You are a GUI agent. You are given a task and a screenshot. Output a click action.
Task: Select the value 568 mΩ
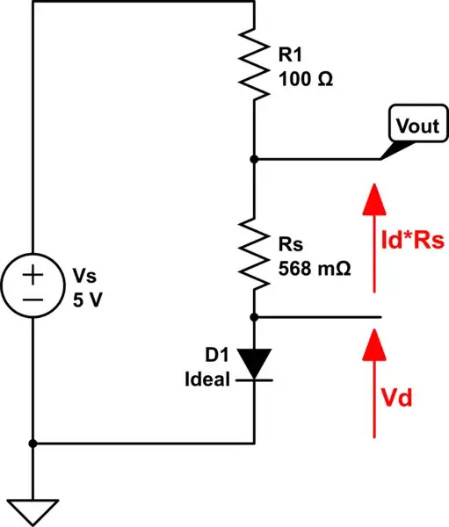pyautogui.click(x=314, y=269)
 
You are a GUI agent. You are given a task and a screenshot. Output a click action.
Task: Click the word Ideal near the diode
pyautogui.click(x=207, y=379)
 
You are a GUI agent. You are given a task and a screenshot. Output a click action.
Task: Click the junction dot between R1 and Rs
pyautogui.click(x=253, y=159)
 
